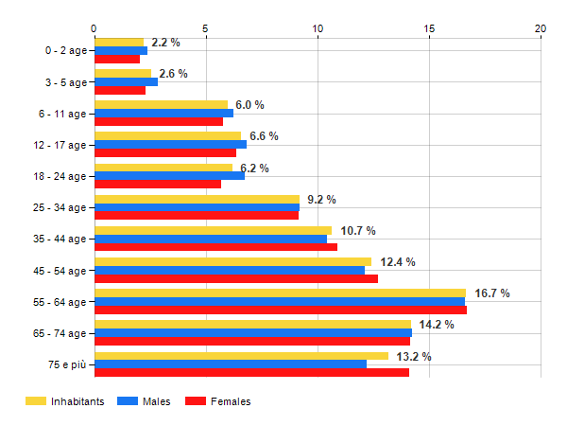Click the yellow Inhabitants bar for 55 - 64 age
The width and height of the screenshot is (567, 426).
point(280,293)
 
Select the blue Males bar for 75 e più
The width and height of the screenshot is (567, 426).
point(230,364)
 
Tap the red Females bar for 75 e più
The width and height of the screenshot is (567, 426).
point(251,373)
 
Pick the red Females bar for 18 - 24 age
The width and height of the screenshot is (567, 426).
point(157,185)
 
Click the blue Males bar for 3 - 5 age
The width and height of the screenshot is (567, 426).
point(126,82)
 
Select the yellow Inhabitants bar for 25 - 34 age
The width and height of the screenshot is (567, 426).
point(197,199)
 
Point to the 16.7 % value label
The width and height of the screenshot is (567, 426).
point(491,293)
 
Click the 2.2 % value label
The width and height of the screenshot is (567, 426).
point(165,43)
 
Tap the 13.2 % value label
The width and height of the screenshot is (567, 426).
point(414,356)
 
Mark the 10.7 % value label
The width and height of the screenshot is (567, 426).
point(358,230)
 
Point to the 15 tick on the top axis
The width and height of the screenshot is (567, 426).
point(429,28)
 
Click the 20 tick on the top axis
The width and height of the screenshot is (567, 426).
point(541,28)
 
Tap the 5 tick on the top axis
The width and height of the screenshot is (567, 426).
point(205,28)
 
